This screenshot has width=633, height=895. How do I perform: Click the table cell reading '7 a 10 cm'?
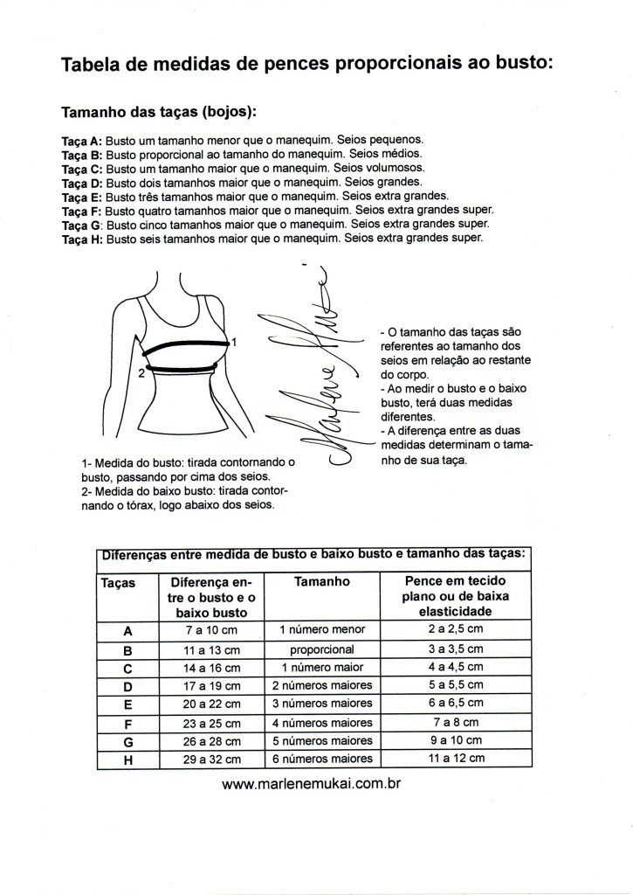tap(211, 630)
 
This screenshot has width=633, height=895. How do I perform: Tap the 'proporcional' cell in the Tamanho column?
tap(321, 649)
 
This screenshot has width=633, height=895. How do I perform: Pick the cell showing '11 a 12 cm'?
tap(457, 758)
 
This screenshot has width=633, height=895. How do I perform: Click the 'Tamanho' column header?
tap(322, 581)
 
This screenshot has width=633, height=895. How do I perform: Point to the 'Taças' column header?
tap(118, 583)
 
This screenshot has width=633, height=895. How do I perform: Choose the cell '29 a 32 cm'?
tap(211, 760)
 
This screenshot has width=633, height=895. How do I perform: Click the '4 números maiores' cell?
tap(322, 723)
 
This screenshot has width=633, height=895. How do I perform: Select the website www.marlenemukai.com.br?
tap(312, 783)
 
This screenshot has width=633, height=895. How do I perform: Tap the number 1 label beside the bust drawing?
tap(234, 343)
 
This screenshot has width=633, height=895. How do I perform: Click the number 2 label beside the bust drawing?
tap(141, 373)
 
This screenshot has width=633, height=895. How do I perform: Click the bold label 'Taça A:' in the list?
tap(81, 141)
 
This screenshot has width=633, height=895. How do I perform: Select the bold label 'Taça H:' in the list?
tap(82, 239)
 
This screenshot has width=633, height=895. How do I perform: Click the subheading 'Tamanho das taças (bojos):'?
tap(159, 111)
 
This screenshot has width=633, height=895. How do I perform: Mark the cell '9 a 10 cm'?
tap(457, 740)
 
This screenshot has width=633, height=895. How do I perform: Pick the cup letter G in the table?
tap(128, 742)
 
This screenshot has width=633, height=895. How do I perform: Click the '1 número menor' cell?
tap(322, 629)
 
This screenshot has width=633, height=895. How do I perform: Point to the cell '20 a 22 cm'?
tap(211, 704)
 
